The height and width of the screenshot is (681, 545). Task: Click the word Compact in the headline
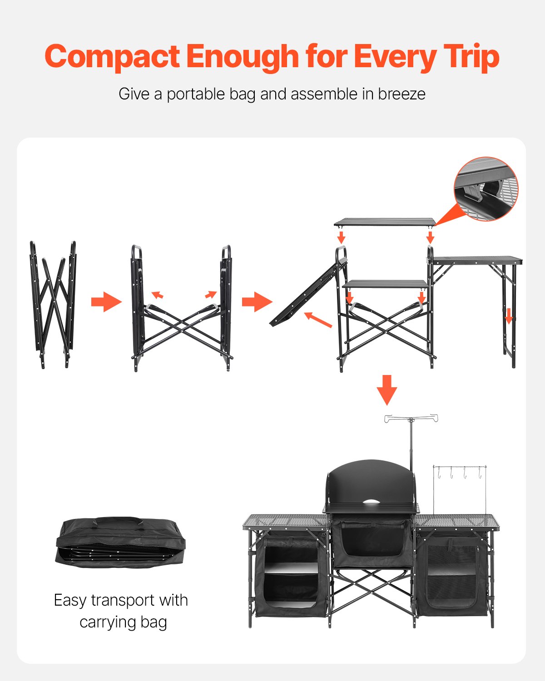pos(112,57)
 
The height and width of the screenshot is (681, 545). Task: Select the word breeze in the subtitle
pos(401,94)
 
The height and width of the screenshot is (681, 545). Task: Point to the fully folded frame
pos(53,304)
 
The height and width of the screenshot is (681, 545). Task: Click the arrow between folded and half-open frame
pos(106,302)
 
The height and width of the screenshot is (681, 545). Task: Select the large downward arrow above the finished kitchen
pos(387,390)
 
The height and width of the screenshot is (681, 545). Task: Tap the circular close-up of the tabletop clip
pos(486,189)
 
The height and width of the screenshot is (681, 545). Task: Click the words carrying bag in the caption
pos(123,622)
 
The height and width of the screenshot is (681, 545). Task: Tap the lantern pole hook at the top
pos(411,418)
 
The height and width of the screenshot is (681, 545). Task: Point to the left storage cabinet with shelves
pos(291,574)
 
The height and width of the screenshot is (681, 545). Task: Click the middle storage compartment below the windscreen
pos(372,543)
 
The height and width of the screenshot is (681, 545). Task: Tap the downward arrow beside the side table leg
pos(509,316)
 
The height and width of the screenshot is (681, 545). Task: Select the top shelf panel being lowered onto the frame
pos(385,222)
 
